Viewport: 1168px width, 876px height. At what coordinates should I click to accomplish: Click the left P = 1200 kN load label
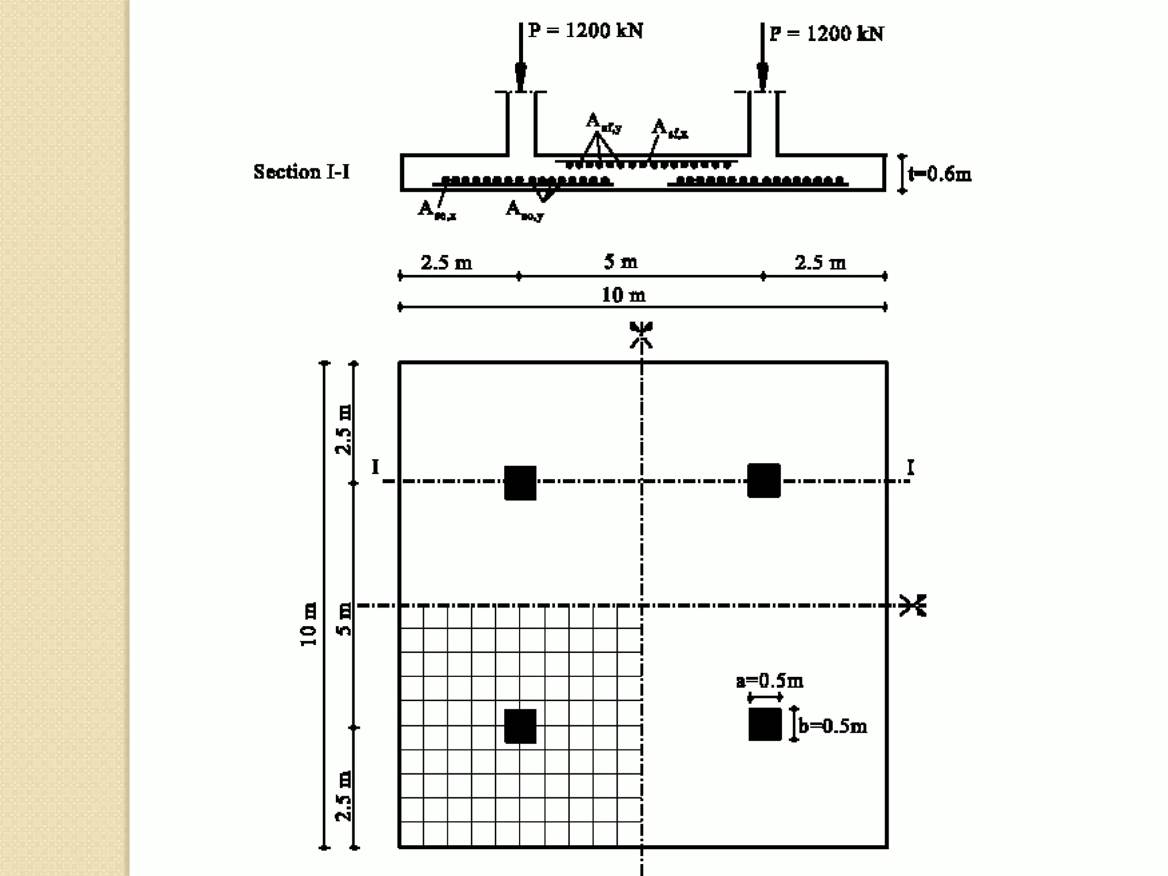586,30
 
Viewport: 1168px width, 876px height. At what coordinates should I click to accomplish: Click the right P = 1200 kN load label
826,34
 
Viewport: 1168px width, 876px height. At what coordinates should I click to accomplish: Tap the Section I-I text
302,172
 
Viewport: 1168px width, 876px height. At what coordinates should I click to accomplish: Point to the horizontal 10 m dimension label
623,295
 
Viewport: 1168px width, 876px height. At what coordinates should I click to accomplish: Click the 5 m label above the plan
620,262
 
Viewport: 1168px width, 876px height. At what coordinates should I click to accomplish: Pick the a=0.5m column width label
769,680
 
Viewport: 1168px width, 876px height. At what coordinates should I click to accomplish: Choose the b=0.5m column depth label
833,725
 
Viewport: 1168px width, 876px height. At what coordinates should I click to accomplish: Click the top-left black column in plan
520,483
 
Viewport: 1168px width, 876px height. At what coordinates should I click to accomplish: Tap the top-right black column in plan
764,481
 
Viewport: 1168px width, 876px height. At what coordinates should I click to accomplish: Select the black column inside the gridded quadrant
520,726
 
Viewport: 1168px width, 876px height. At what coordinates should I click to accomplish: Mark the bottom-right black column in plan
765,724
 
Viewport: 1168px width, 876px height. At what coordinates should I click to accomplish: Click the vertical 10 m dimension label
309,624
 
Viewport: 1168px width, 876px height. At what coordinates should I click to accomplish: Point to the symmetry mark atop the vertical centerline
642,334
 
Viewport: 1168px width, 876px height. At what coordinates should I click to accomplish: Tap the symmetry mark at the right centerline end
913,605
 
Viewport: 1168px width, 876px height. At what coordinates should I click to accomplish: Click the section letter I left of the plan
375,467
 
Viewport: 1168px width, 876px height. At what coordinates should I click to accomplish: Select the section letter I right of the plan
911,468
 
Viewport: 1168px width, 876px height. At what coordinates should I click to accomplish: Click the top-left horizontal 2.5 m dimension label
447,262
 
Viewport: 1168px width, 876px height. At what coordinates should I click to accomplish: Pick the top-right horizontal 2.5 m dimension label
820,262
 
